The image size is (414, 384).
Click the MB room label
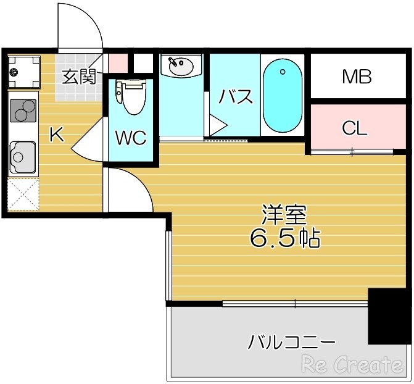(357, 78)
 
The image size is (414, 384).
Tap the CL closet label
(355, 128)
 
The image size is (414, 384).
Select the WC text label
(130, 137)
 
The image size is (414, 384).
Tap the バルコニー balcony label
(292, 341)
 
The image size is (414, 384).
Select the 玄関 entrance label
(79, 77)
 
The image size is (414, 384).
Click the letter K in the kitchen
(56, 134)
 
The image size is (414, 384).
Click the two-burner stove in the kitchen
(23, 112)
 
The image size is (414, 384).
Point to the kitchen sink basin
(23, 157)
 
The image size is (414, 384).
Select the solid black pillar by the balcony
(388, 315)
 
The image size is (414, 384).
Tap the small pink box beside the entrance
(118, 62)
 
